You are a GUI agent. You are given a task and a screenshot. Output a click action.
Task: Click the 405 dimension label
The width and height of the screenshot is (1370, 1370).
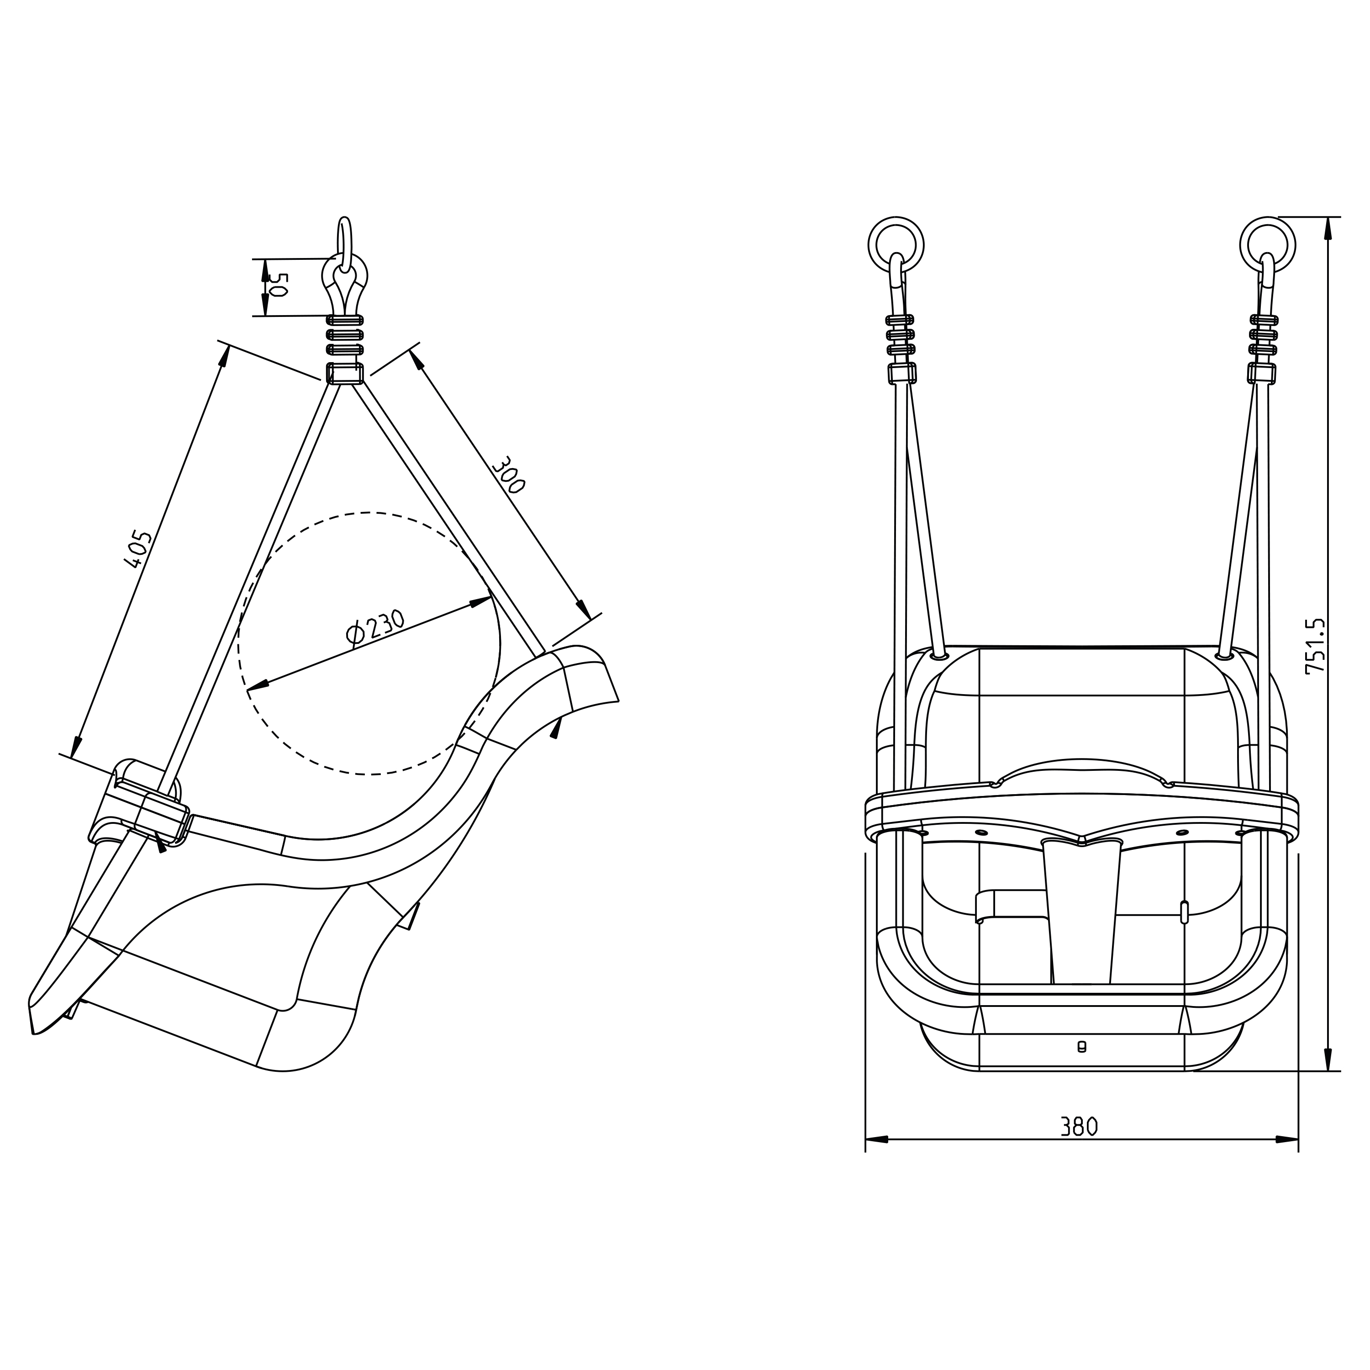[138, 549]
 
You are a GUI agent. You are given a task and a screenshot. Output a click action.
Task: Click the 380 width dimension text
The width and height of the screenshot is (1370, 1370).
[1079, 1127]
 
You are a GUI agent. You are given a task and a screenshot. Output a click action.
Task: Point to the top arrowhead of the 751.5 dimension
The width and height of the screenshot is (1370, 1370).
[1328, 228]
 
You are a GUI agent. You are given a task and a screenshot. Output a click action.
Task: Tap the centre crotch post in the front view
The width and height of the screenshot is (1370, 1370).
[1082, 911]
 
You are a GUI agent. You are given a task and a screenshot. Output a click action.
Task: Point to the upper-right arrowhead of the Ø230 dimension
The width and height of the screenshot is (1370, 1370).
[482, 602]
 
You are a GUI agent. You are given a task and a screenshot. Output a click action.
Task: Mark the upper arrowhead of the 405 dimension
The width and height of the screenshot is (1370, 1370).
[224, 357]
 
